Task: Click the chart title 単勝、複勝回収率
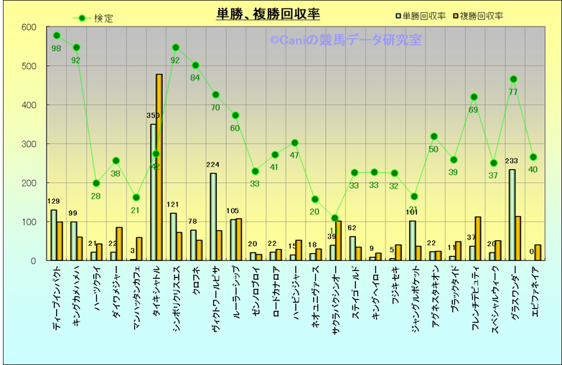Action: [268, 14]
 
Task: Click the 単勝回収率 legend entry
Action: [423, 15]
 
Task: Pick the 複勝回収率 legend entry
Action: [482, 15]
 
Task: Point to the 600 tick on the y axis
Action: [29, 27]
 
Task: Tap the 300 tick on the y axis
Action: [29, 144]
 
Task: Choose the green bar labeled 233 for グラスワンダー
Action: [512, 215]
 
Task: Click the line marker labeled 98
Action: [57, 36]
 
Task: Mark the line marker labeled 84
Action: [195, 65]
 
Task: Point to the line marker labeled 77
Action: [513, 80]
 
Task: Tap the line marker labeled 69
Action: [474, 98]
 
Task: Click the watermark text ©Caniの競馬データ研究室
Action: [345, 40]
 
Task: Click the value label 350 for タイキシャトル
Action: [153, 116]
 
